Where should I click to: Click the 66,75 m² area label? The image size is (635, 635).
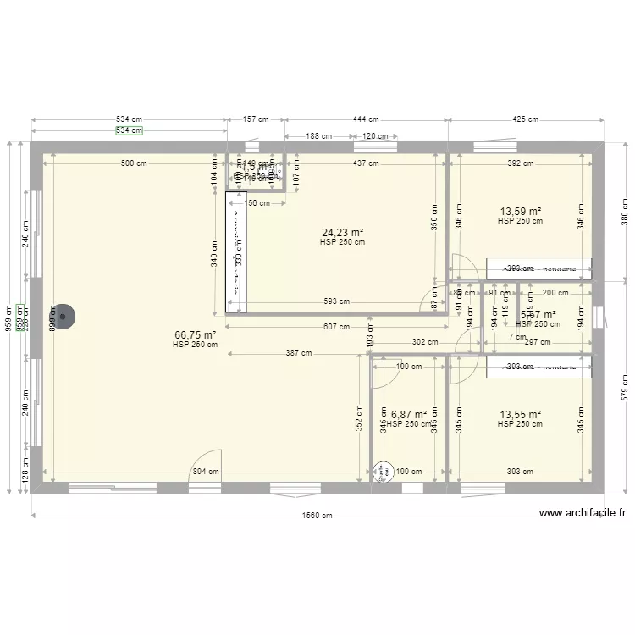tap(195, 334)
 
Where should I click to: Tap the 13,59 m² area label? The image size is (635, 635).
tap(520, 211)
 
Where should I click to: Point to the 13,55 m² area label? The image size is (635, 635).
tap(520, 414)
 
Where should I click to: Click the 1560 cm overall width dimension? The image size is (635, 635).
tap(317, 516)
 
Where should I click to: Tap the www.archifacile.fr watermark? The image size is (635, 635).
tap(583, 512)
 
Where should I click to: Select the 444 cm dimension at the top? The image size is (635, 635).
tap(365, 120)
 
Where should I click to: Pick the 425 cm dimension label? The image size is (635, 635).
tap(525, 120)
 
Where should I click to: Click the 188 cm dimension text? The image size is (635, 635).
tap(318, 136)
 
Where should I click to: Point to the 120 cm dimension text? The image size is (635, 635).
tap(375, 136)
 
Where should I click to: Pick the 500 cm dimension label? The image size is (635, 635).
tap(133, 163)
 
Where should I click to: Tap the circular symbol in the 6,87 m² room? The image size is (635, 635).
tap(383, 472)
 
